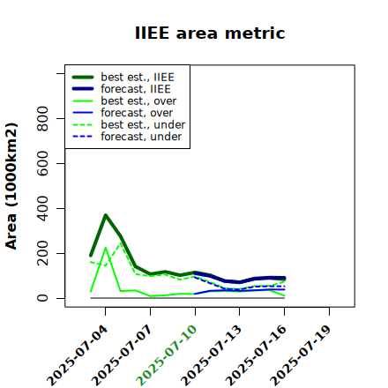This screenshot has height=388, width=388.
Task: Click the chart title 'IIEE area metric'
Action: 210,33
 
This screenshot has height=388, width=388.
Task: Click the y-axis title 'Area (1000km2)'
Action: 11,186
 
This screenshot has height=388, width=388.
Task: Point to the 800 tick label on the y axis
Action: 42,118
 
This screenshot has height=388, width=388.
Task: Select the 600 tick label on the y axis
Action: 42,163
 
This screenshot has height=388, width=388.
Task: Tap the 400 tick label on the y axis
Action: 42,208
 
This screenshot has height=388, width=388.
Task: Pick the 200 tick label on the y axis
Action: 42,253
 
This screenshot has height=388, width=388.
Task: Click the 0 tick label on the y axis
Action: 42,298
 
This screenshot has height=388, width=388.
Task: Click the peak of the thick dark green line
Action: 106,215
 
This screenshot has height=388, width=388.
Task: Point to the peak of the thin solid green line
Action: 106,248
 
